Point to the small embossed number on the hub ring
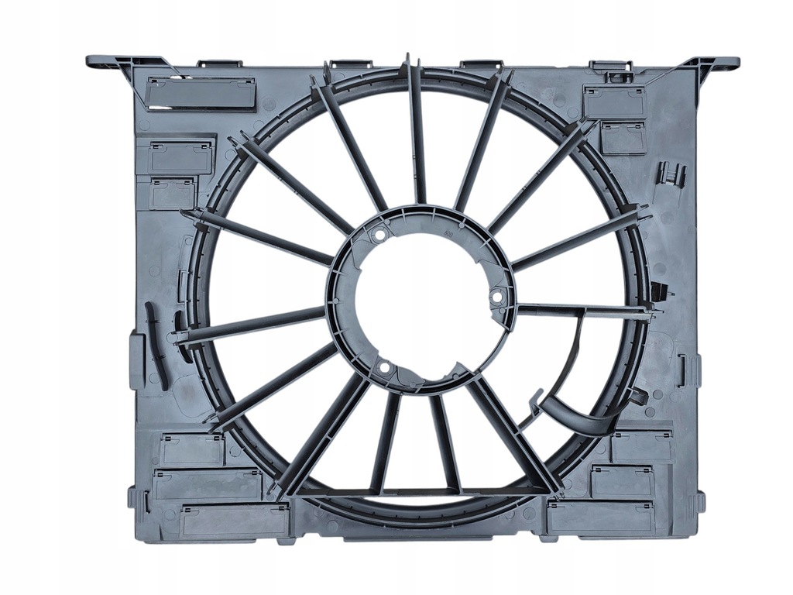coord(446,229)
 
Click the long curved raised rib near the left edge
coord(156,346)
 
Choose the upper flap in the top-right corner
coord(614,101)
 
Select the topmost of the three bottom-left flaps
coord(191,449)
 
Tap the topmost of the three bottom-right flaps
coord(642,446)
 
